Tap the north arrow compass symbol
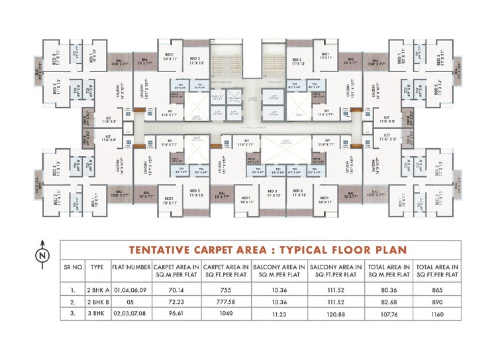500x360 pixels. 41,252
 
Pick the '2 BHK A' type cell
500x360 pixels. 97,289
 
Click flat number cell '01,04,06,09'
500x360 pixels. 132,289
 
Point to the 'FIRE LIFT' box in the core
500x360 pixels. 219,98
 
